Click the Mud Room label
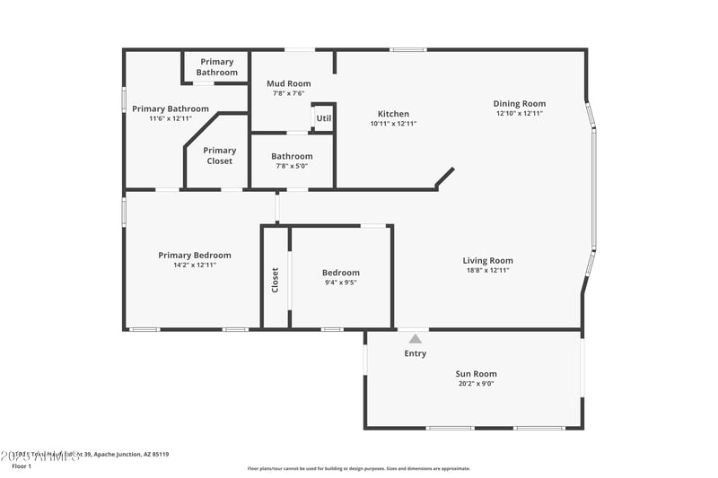[289, 83]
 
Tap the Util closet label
[323, 117]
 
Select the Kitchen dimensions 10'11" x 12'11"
[393, 124]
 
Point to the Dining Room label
[519, 103]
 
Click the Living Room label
[487, 261]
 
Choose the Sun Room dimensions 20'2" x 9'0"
[476, 384]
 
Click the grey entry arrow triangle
[415, 339]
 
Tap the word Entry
[415, 353]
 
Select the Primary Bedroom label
[195, 255]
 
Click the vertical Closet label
[276, 280]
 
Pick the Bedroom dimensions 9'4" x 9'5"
[340, 282]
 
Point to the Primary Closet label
[220, 156]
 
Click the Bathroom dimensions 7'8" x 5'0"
[292, 166]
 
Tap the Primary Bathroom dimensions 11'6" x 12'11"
[171, 118]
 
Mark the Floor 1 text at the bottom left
[21, 466]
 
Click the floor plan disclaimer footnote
[358, 468]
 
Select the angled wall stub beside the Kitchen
[444, 178]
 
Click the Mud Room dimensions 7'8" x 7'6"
[289, 93]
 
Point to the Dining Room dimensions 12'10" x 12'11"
[519, 114]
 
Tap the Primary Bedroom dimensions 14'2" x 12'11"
[195, 265]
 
